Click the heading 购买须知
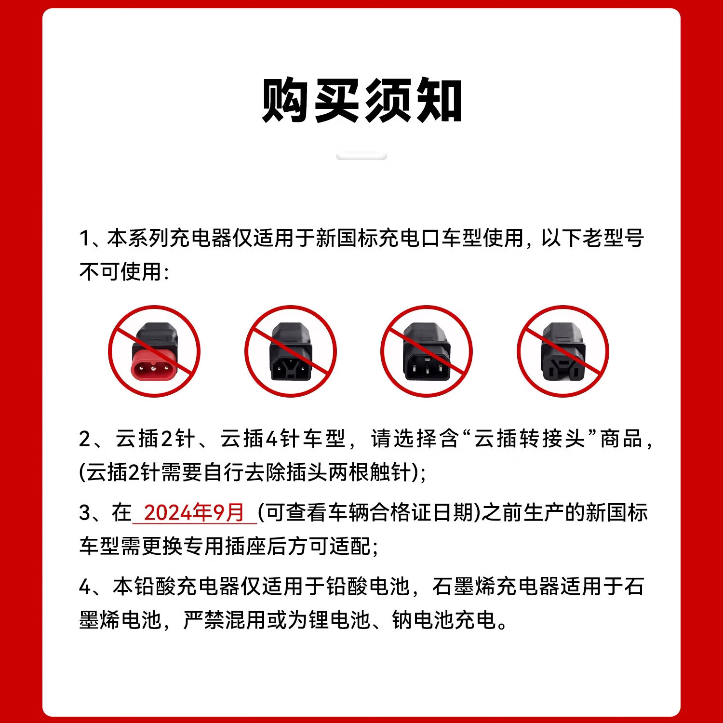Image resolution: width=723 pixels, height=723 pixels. coord(361,100)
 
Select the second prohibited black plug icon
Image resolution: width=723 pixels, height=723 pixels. coord(291,351)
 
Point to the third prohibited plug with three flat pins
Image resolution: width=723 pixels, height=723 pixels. coord(427,351)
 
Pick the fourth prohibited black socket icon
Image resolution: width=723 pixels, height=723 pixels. coord(563,351)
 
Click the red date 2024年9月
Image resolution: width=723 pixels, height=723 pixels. coord(194,512)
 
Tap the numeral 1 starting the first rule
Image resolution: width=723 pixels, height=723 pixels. coord(84,239)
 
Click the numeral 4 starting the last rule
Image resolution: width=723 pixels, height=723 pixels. coord(85,587)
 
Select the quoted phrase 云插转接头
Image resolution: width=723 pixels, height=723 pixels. coord(529,439)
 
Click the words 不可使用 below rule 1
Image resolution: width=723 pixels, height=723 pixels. coord(120,272)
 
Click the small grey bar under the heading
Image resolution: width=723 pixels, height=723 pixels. coord(361,156)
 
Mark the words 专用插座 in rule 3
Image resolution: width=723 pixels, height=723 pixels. coord(225,546)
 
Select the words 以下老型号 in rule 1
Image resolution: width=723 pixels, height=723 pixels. coord(592,238)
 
